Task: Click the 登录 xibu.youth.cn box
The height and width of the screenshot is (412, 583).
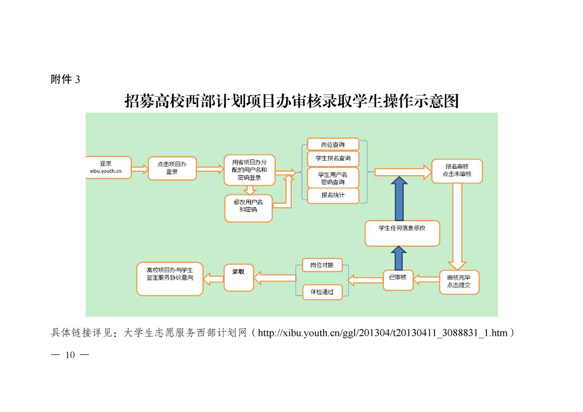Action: (108, 167)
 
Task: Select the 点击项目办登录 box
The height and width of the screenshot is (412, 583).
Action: (172, 168)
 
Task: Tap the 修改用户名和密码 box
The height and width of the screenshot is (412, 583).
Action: (248, 207)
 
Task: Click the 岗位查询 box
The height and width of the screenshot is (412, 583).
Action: (333, 144)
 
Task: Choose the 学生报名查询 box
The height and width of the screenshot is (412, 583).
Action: (333, 158)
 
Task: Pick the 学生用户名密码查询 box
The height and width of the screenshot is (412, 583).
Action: (333, 178)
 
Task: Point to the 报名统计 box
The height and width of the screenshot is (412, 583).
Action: (333, 195)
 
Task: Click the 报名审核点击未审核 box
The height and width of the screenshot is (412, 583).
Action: (457, 170)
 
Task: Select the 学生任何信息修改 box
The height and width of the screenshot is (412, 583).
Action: (402, 233)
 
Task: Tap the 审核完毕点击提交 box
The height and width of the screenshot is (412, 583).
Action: (459, 282)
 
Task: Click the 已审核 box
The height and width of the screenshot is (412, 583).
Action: (398, 279)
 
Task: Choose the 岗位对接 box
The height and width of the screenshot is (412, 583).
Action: (322, 265)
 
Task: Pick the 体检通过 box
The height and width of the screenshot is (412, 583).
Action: (322, 292)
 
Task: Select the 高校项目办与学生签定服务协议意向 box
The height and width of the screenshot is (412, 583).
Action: (169, 279)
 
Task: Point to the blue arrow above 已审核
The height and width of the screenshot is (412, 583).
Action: (399, 258)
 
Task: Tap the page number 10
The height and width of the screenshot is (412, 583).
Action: (70, 355)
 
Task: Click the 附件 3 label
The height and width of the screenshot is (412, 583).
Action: (65, 79)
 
